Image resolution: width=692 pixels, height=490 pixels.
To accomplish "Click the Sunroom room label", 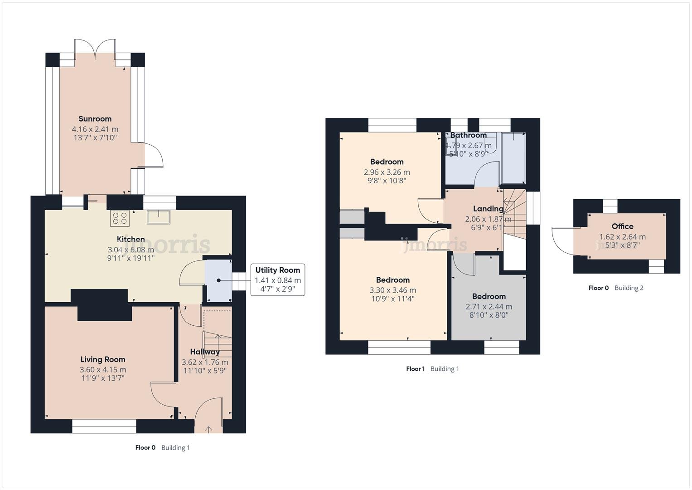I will point(95,119).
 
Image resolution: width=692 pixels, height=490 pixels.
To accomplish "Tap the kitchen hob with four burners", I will point(120,218).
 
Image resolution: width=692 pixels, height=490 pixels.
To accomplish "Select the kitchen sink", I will point(158,217).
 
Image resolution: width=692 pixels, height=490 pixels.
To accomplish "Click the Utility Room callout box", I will point(277,279).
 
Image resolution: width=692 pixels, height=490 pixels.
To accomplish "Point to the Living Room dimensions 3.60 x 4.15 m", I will point(103,370).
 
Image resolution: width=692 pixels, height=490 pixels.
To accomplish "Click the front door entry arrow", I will point(208,429).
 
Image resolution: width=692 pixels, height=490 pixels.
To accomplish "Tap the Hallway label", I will point(205,352).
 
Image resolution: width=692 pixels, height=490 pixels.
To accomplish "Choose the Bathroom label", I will point(468,135).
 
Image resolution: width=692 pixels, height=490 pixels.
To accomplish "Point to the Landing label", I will point(488,209).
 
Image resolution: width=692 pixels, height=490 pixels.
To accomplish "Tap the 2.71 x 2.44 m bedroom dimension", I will point(489,307).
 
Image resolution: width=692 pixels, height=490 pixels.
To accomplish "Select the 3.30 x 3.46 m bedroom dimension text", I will point(392,290).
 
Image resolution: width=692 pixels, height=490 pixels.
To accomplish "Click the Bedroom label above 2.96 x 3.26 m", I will point(387,162).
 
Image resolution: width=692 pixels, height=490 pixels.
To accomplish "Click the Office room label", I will point(622,226).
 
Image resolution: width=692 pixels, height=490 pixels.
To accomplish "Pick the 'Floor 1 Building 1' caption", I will point(432,369).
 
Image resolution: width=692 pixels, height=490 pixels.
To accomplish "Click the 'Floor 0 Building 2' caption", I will point(615,288).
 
